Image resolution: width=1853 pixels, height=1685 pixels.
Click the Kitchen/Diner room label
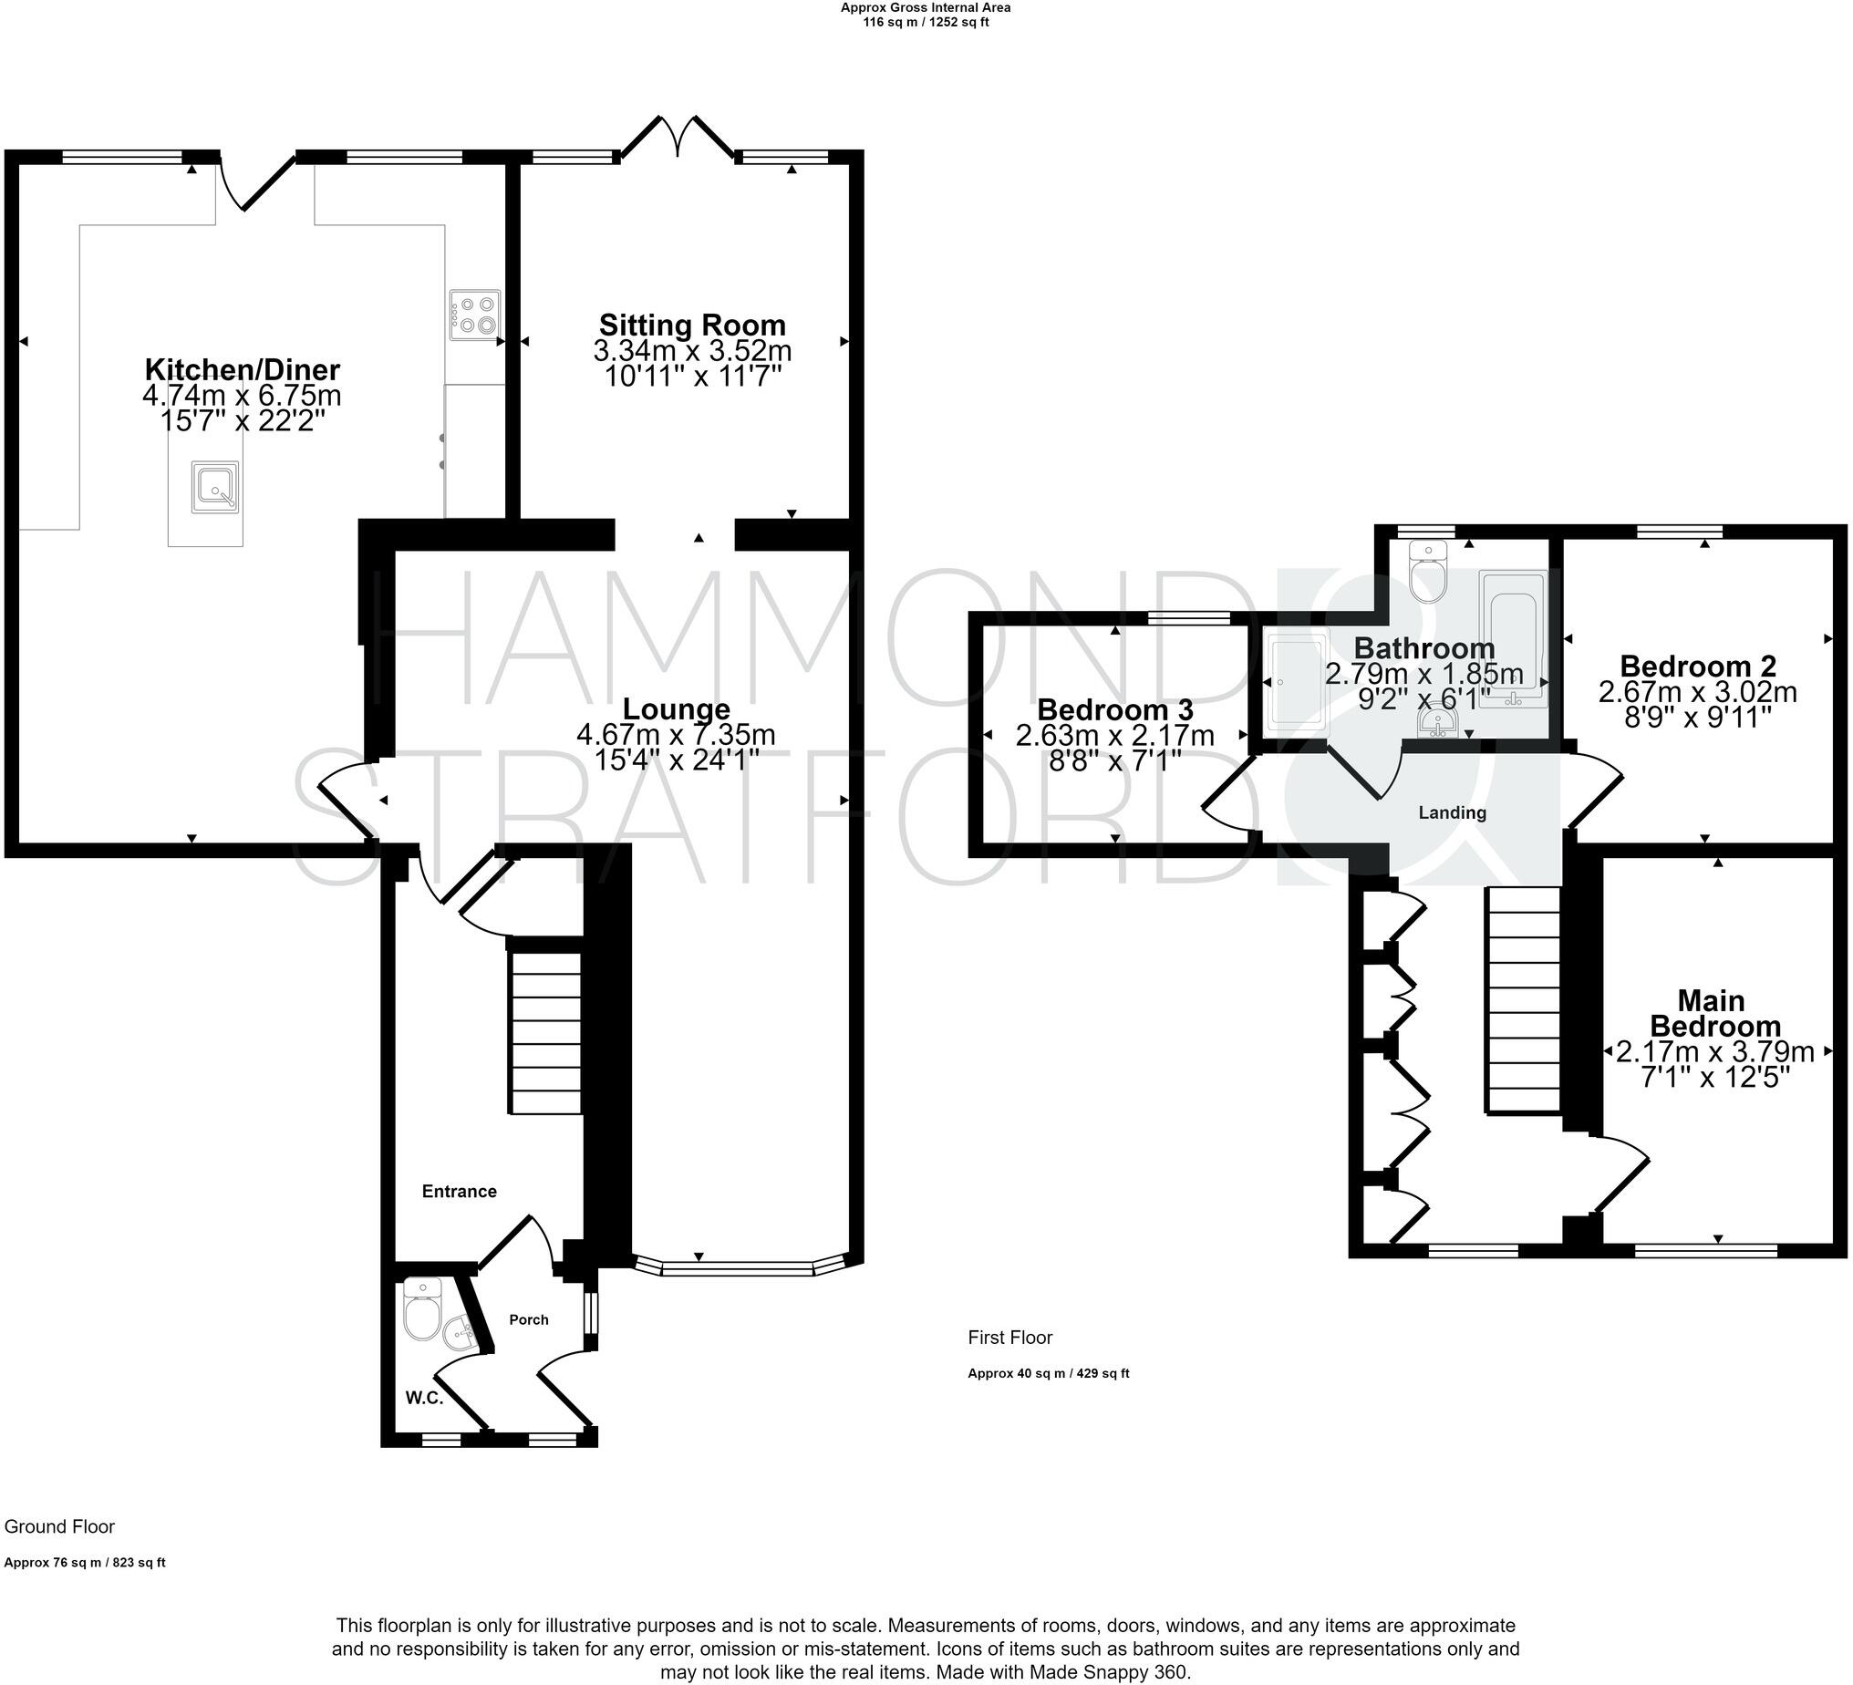tap(243, 369)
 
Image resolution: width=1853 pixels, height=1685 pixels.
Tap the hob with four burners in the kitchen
tap(475, 315)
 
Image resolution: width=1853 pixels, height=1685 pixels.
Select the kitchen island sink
tap(215, 487)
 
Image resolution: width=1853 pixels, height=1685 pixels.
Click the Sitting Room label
tap(692, 326)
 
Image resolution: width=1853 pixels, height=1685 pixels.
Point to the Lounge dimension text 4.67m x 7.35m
tap(676, 735)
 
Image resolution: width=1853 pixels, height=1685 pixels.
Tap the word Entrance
tap(459, 1192)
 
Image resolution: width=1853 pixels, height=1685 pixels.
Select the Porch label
tap(529, 1319)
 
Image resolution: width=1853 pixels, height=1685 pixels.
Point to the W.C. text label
tap(425, 1398)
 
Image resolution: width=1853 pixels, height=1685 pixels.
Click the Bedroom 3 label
tap(1115, 709)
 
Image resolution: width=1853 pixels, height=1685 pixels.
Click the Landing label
tap(1452, 812)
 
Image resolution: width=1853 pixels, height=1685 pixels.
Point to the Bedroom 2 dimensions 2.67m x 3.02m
tap(1697, 691)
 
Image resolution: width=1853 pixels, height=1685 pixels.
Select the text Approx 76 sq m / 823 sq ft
tap(85, 1563)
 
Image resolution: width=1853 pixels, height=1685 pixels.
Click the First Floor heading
tap(1009, 1338)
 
